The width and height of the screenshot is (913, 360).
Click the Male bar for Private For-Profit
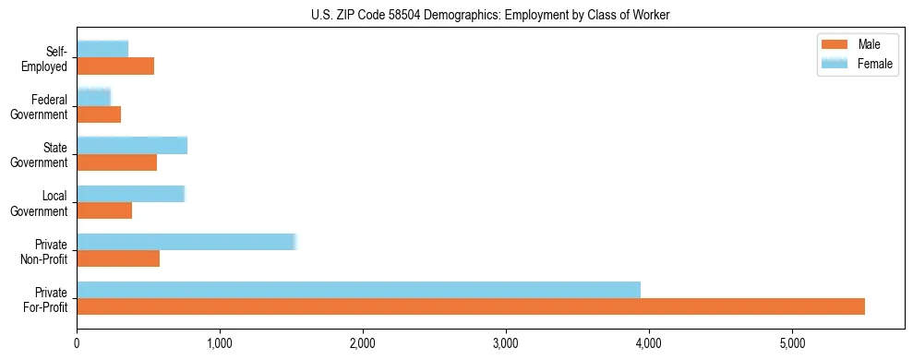471,306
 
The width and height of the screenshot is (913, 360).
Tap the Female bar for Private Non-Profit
186,242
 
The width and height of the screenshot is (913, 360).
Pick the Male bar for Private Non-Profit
118,258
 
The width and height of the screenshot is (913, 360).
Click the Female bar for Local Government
131,194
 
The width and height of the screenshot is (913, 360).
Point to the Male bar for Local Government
104,210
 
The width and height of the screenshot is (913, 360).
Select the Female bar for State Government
132,145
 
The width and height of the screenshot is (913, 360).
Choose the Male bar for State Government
117,162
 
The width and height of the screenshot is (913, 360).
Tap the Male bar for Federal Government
99,114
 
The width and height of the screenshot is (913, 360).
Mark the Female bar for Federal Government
93,97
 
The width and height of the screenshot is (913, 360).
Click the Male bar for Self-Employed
115,66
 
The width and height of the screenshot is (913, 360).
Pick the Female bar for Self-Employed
102,49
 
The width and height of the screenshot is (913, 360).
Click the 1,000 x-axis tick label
220,343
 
